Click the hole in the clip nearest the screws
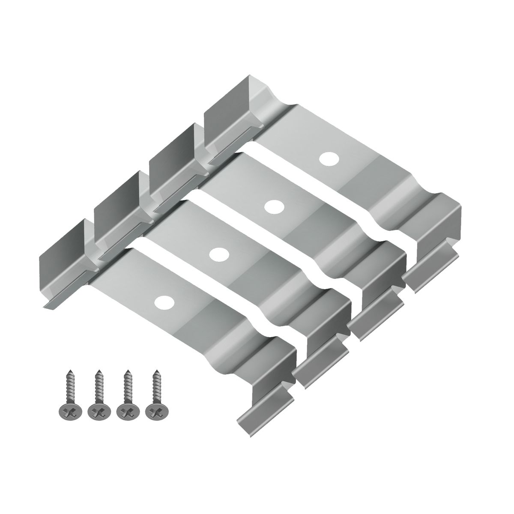point(163,302)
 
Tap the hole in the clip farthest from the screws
point(329,158)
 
